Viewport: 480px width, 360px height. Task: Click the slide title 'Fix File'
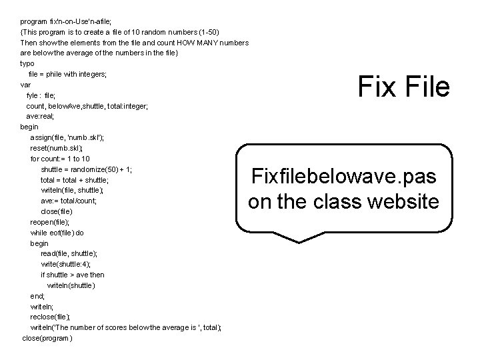coord(403,87)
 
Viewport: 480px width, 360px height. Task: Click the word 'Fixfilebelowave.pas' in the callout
coord(344,177)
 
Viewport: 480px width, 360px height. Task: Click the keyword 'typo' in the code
coord(27,63)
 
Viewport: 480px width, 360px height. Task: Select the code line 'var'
coord(25,85)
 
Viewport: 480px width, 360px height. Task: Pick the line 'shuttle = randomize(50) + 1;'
coord(86,169)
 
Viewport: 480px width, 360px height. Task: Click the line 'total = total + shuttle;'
coord(74,180)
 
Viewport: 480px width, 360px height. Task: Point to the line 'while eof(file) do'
coord(57,233)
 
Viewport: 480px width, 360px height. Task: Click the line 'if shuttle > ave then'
coord(72,275)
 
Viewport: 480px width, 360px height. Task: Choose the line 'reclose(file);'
coord(51,317)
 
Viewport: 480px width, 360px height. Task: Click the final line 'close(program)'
coord(47,338)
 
